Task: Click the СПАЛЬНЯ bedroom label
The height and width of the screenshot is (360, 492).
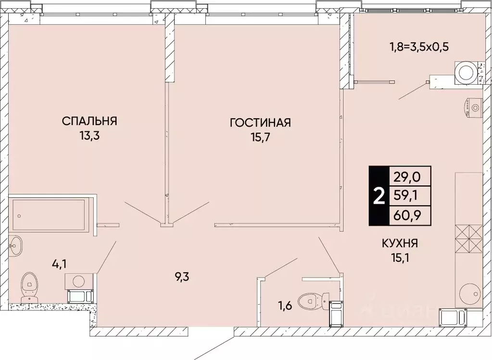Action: pos(90,121)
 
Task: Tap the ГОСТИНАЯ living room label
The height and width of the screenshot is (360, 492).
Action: pos(260,123)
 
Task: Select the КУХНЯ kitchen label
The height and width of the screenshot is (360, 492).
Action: pos(399,244)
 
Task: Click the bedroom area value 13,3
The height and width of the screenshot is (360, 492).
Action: pos(90,136)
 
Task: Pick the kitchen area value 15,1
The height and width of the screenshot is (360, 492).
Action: pos(399,259)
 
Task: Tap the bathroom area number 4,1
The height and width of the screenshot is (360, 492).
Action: pos(60,263)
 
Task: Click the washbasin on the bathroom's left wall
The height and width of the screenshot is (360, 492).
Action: pos(15,246)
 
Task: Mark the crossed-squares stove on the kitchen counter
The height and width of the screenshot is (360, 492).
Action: pos(468,239)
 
